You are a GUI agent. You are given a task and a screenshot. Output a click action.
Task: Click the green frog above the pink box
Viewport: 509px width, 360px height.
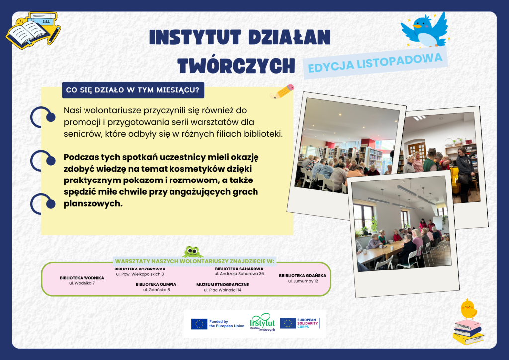click(192, 252)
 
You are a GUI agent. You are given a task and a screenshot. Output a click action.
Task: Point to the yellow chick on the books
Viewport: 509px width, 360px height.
click(468, 309)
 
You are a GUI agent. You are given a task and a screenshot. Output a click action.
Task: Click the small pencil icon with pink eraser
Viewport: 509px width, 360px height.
click(282, 91)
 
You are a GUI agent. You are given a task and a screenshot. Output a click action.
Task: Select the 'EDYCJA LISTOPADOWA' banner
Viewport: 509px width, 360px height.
click(375, 63)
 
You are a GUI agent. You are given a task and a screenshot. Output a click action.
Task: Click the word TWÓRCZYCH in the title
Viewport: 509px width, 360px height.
click(236, 66)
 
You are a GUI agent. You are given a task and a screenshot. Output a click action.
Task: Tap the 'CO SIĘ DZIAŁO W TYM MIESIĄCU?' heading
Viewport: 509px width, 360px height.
click(133, 90)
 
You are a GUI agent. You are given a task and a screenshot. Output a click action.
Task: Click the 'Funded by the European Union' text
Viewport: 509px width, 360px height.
click(227, 324)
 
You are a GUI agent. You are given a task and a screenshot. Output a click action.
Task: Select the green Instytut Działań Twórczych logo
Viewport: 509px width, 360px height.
click(262, 322)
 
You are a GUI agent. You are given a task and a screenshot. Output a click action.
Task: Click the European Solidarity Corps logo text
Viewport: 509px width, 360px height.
click(307, 323)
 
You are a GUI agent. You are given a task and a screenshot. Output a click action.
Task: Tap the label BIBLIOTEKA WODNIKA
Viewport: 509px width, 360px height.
click(82, 278)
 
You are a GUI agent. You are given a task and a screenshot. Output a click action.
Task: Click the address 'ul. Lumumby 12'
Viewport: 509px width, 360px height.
click(303, 281)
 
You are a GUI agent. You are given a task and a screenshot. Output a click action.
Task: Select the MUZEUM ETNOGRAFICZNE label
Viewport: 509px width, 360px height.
click(222, 285)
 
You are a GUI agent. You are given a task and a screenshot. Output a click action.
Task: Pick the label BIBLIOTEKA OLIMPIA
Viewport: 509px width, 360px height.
click(156, 284)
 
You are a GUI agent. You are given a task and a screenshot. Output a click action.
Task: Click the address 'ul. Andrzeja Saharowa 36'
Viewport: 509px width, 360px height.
click(239, 274)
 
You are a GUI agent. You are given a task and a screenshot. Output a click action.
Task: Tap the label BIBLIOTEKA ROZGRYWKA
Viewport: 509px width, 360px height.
click(140, 269)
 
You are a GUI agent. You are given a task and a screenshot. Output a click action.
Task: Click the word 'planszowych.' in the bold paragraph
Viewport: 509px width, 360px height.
click(93, 204)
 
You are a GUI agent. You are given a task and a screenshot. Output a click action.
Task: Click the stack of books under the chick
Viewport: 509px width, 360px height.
click(468, 332)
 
